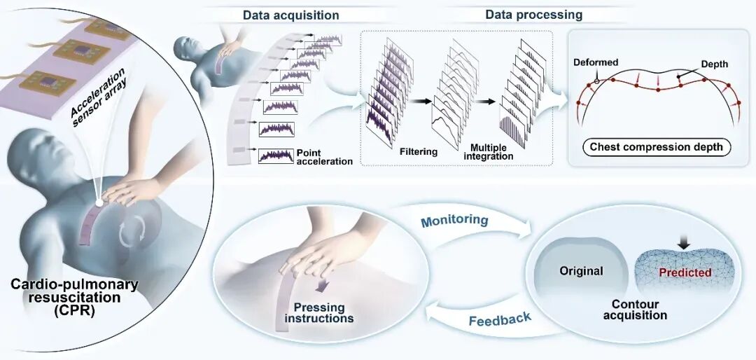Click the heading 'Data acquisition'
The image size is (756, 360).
tap(290, 15)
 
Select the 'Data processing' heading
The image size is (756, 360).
tap(533, 15)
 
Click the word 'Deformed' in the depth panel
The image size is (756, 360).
tap(596, 63)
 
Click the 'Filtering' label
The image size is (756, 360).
tap(418, 151)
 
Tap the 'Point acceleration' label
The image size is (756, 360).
tap(325, 157)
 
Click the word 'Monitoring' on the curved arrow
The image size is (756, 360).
tap(454, 221)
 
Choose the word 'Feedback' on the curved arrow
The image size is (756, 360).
tap(500, 319)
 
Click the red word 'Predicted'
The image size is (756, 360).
tap(685, 272)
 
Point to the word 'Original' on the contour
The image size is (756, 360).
tap(581, 271)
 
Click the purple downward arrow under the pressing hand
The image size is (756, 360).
tap(321, 286)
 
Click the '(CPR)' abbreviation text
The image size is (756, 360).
tap(74, 309)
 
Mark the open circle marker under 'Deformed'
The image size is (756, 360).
tap(597, 81)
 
